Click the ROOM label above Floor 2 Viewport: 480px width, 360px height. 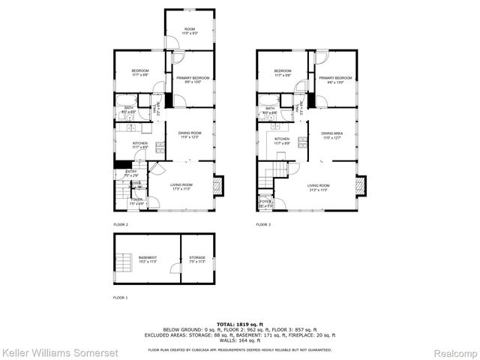click(x=190, y=29)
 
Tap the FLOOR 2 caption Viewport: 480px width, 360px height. click(x=121, y=224)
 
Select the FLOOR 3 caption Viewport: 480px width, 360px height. click(x=263, y=224)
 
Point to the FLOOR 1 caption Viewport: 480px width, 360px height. click(x=121, y=298)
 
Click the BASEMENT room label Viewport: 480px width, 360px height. click(x=148, y=257)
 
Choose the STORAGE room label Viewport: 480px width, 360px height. click(x=197, y=257)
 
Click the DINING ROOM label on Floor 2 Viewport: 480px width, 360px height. click(x=190, y=133)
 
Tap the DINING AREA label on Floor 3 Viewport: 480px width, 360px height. click(x=332, y=133)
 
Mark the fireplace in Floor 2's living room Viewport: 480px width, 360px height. click(x=219, y=185)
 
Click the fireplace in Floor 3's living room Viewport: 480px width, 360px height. click(x=361, y=185)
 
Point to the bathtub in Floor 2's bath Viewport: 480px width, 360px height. click(x=124, y=100)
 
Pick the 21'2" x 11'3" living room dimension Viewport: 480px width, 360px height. click(x=318, y=190)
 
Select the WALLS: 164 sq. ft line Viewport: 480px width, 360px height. click(x=240, y=343)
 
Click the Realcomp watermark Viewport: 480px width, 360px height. click(x=453, y=352)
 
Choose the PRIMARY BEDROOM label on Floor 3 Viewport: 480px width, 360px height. click(x=334, y=78)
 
